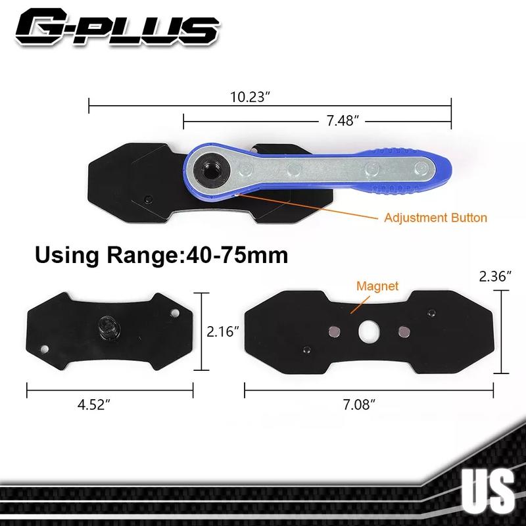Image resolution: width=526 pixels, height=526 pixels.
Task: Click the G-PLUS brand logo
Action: (118, 27)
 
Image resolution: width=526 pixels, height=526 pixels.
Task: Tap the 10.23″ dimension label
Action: (250, 97)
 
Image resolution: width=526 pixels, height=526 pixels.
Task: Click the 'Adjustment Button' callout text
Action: (435, 218)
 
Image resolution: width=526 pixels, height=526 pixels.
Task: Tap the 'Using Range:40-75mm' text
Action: (161, 255)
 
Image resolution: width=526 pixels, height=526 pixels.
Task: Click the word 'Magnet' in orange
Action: (377, 286)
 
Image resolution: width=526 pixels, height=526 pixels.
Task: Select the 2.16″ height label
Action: (222, 331)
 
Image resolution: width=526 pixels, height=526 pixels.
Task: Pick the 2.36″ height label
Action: (495, 276)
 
